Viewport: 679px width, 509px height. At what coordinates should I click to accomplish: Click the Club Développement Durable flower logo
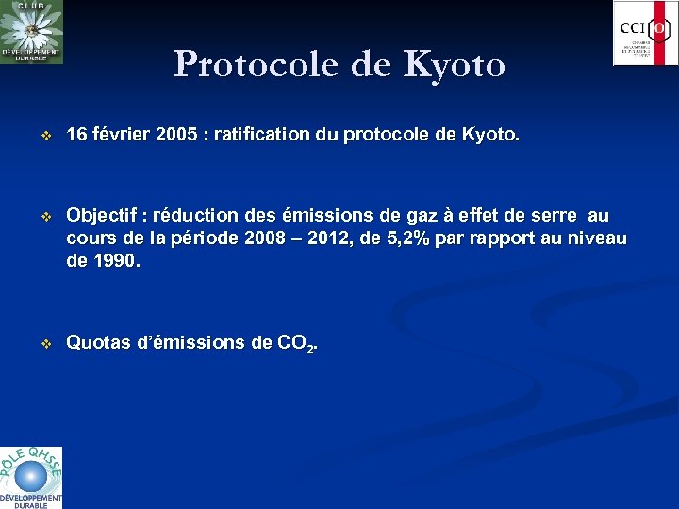coord(31,32)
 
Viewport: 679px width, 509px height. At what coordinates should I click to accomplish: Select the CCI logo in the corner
coord(644,33)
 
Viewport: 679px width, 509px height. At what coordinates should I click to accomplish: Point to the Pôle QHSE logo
coord(31,477)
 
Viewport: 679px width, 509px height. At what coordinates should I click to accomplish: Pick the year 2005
coord(176,136)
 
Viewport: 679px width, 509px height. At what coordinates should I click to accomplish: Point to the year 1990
coord(115,261)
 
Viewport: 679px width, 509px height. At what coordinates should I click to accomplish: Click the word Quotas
coord(99,343)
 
